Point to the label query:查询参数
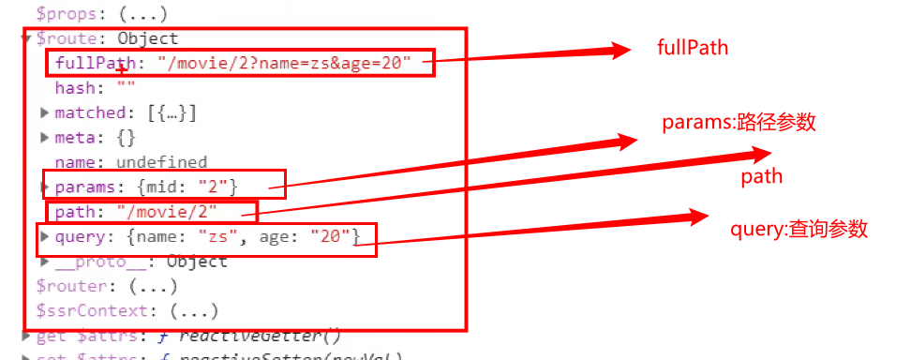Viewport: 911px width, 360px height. click(799, 229)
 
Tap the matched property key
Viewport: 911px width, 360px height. click(90, 112)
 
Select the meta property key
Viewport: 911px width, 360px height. click(77, 137)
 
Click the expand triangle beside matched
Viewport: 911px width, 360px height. click(44, 112)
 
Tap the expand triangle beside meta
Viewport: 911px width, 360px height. click(44, 137)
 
